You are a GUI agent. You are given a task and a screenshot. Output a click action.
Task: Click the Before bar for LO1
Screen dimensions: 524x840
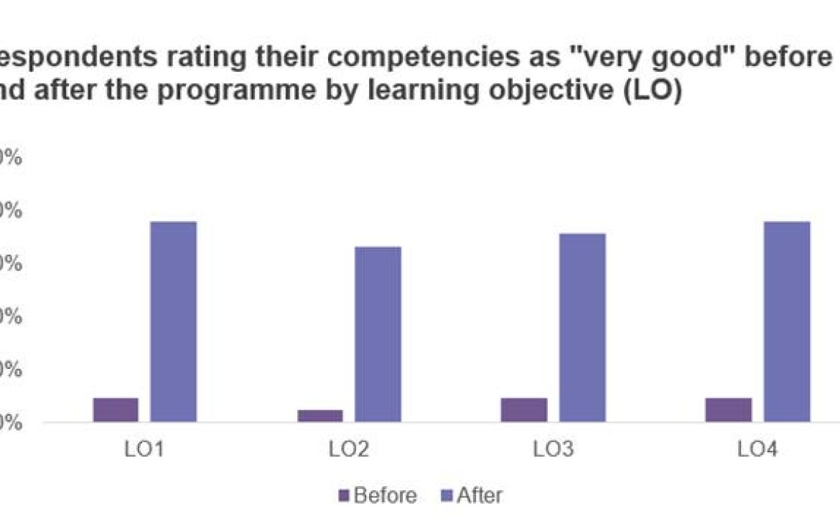[x=116, y=409]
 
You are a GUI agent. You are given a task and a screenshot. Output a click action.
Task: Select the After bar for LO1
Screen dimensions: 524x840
[x=173, y=322]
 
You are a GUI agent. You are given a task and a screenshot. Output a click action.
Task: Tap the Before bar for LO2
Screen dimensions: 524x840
[x=320, y=416]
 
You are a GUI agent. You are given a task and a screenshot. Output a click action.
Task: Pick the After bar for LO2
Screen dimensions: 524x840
[x=378, y=334]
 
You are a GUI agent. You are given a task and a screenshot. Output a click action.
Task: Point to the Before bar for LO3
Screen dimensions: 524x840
[x=524, y=409]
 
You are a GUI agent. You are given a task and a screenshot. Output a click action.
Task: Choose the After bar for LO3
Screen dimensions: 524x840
[x=582, y=327]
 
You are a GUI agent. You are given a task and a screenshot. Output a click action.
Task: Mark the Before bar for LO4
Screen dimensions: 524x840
[x=728, y=409]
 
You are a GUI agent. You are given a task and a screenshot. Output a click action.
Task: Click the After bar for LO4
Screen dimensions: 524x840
[x=787, y=322]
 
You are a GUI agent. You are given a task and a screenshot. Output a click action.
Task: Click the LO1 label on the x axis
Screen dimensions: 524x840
[x=144, y=451]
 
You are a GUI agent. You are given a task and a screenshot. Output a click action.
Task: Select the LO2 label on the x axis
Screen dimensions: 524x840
[x=349, y=451]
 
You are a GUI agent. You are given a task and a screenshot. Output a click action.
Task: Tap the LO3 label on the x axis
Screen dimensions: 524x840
[x=553, y=451]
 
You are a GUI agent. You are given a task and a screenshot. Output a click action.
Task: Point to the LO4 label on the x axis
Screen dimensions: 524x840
[x=757, y=451]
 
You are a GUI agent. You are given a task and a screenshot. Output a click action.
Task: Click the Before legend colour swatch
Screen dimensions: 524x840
[x=343, y=495]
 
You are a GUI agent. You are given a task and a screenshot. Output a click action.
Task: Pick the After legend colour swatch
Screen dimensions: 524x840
[x=447, y=495]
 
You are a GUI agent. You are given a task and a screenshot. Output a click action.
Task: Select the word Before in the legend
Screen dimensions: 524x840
[x=385, y=495]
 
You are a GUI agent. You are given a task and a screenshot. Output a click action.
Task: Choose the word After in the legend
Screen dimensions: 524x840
[x=480, y=495]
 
